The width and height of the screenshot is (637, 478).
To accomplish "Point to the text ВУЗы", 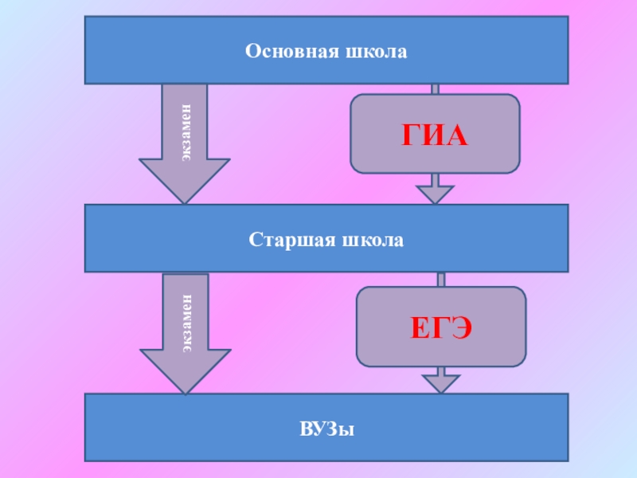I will [x=326, y=430].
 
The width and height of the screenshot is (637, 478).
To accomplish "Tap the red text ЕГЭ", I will [x=440, y=327].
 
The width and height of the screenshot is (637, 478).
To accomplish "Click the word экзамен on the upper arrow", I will [x=185, y=131].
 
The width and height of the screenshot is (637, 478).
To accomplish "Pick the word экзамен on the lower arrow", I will [x=186, y=322].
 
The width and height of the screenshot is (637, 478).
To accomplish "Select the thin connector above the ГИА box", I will [x=435, y=88].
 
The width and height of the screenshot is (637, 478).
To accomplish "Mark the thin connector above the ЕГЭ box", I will [x=440, y=279].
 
